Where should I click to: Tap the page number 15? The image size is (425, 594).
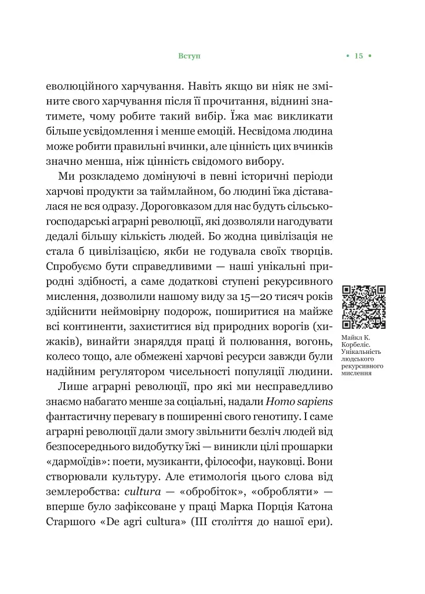click(x=358, y=56)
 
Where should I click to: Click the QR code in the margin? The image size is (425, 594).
click(x=364, y=307)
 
